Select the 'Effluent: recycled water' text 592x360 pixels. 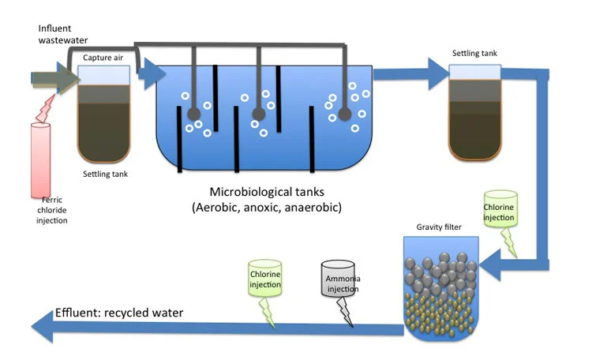pos(119,313)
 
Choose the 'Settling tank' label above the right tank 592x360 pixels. pos(474,54)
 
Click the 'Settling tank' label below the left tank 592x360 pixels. pos(105,173)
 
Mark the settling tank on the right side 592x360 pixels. pos(474,111)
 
